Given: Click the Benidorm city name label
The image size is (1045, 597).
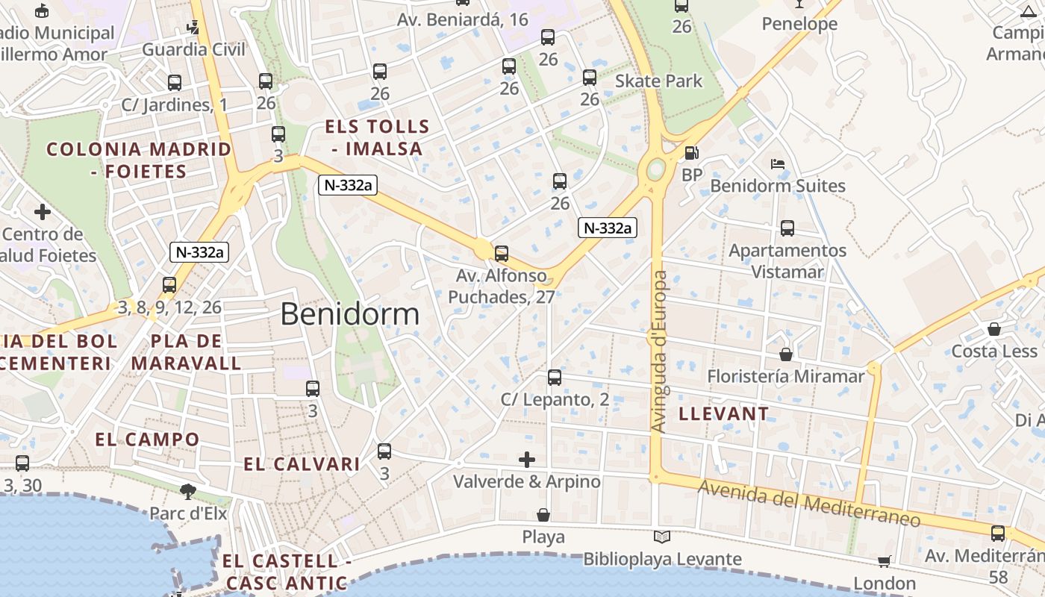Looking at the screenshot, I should tap(350, 314).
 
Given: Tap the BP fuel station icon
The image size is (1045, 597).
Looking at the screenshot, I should tap(692, 153).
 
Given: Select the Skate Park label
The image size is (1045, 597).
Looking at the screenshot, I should tap(658, 81).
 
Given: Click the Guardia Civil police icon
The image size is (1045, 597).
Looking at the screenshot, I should tap(193, 28).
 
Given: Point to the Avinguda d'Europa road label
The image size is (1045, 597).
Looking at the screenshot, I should tap(658, 351).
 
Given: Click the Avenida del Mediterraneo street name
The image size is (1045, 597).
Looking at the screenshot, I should tap(809, 504).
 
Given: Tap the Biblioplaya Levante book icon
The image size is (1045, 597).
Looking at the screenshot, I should tap(661, 537).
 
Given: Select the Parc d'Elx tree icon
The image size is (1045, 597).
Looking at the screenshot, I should tap(187, 491).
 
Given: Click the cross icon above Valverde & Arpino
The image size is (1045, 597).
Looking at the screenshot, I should tap(527, 459).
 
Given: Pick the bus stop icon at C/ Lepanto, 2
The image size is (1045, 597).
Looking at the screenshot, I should tap(554, 378).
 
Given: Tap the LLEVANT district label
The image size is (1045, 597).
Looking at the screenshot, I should tap(723, 413).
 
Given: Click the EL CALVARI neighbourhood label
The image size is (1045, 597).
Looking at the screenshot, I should tap(302, 464).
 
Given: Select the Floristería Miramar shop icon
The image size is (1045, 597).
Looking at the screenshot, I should tap(785, 354).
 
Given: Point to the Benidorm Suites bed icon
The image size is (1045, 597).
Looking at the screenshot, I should tap(778, 163).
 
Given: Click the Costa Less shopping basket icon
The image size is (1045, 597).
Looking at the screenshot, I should tap(993, 329).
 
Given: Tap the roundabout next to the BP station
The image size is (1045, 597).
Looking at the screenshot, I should tap(656, 169).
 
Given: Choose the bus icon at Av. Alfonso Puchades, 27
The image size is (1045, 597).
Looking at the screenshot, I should tap(502, 254).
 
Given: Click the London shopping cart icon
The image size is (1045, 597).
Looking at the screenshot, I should tap(884, 561).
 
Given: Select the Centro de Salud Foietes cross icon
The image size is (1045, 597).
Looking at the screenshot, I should tap(43, 212).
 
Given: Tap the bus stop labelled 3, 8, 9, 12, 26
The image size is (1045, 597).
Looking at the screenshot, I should tap(169, 285).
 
